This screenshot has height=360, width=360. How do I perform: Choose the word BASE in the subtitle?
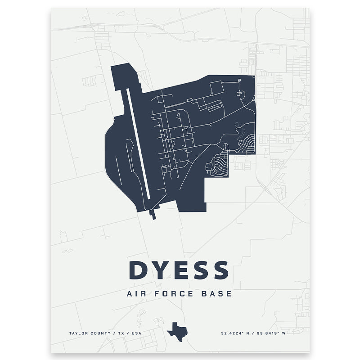point(217,294)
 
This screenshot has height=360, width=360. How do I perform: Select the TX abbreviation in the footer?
point(120,333)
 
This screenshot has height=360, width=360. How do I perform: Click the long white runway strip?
point(138,144)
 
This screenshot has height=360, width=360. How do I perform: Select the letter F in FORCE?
point(159,294)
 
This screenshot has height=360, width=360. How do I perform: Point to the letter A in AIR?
point(130,294)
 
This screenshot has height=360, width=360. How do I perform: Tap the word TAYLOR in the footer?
point(77,333)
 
